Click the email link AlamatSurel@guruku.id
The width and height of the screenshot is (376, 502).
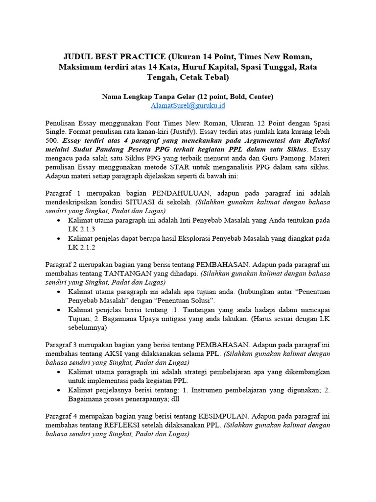(188, 105)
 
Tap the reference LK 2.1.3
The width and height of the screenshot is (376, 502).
(81, 229)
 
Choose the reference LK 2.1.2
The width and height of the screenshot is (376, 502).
(81, 248)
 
